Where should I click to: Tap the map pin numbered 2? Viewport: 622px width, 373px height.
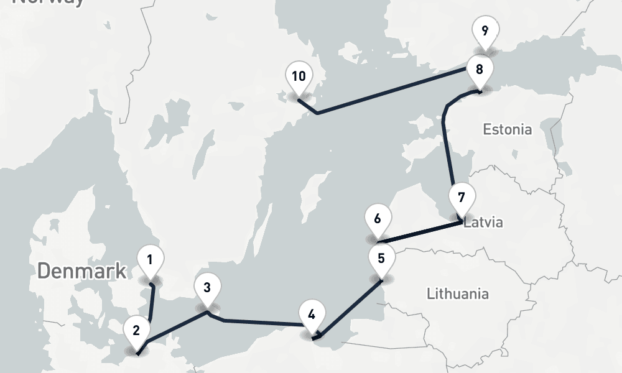click(x=136, y=329)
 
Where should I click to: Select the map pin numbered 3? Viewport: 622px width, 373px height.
click(x=207, y=288)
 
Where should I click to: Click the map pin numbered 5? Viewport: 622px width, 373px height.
click(x=381, y=258)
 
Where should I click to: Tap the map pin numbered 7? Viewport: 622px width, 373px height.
click(x=461, y=199)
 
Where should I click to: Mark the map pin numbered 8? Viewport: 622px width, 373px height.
click(x=479, y=70)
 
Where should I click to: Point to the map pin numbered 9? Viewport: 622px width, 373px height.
click(x=485, y=30)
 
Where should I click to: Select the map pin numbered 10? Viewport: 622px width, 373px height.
click(x=299, y=77)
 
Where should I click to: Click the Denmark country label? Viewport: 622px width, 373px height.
click(x=81, y=271)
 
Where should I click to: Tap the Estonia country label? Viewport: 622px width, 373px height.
click(x=508, y=129)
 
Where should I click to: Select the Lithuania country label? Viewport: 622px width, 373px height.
click(x=457, y=293)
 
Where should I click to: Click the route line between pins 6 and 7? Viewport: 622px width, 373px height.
click(x=420, y=231)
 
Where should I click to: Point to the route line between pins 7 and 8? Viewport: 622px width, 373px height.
click(x=447, y=149)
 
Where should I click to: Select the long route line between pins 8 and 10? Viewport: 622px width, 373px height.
click(x=392, y=91)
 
